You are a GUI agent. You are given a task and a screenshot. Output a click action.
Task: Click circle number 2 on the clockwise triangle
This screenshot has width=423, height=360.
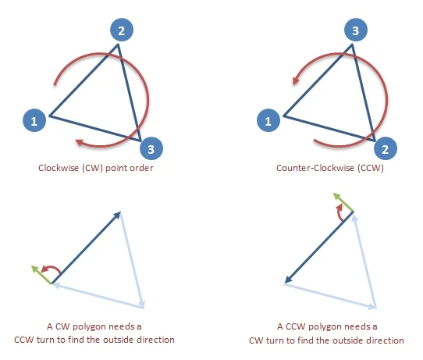pos(122,30)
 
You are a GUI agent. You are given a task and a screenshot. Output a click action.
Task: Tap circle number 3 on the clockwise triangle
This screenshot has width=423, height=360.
pos(151,148)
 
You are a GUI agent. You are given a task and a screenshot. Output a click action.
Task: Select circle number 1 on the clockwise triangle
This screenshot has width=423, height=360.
pos(34,120)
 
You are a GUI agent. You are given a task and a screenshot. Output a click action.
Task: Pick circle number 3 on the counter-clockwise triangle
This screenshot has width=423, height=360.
pos(356,30)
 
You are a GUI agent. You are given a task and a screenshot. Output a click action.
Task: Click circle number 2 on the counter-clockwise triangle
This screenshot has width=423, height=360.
pos(386,148)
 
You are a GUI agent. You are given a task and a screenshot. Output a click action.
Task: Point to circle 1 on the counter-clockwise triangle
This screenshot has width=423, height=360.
pos(268,120)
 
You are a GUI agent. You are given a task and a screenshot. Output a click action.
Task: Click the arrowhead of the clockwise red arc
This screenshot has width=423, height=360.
pos(80,142)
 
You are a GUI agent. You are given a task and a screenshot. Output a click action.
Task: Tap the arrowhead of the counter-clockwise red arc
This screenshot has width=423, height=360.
pos(297,80)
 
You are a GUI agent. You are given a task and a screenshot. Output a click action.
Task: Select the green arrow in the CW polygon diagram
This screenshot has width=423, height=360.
pos(41,275)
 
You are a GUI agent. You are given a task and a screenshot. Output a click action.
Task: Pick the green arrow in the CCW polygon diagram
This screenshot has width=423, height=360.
pos(343,202)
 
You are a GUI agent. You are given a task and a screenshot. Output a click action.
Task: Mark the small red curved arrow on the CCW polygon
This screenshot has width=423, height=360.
pos(339,212)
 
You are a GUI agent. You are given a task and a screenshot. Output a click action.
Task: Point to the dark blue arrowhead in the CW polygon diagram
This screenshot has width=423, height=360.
pos(117,216)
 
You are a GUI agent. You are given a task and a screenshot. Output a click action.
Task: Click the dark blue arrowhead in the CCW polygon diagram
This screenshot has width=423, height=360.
pos(289,280)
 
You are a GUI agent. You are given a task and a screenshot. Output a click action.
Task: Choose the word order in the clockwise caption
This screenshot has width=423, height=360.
pos(144,168)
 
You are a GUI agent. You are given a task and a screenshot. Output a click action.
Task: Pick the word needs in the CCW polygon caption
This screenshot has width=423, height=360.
pos(357,326)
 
